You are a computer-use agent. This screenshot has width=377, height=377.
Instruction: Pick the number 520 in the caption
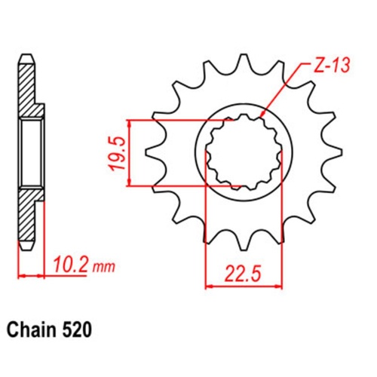(x=79, y=330)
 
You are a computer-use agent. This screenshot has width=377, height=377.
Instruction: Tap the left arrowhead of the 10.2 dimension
(x=20, y=275)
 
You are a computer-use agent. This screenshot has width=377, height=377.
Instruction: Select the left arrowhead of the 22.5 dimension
(x=209, y=285)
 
